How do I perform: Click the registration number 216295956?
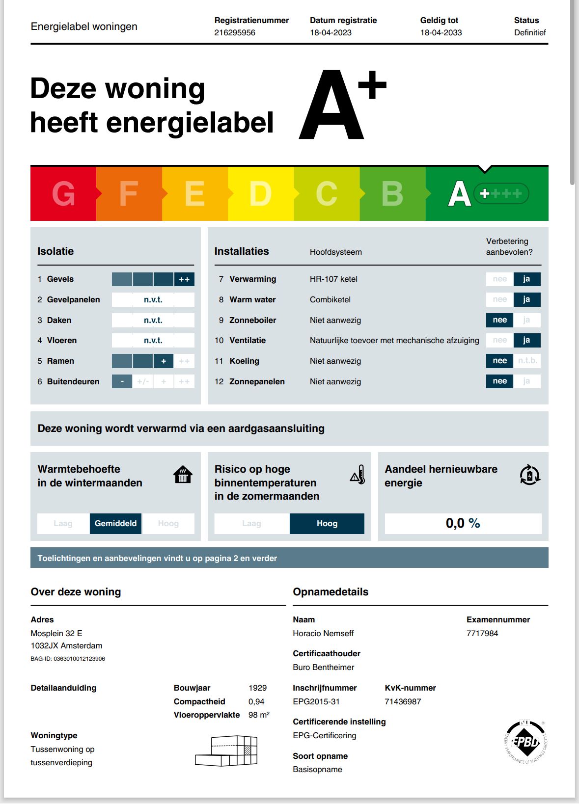pyautogui.click(x=235, y=32)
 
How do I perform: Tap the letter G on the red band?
pyautogui.click(x=64, y=194)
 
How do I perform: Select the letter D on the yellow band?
pyautogui.click(x=260, y=194)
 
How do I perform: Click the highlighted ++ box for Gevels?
pyautogui.click(x=184, y=279)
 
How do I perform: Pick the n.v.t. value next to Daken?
pyautogui.click(x=153, y=320)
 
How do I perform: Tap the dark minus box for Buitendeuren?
pyautogui.click(x=122, y=381)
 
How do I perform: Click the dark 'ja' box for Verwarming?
pyautogui.click(x=526, y=279)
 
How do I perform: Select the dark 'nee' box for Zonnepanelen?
pyautogui.click(x=499, y=381)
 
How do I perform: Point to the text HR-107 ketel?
pyautogui.click(x=333, y=279)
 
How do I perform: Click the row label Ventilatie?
pyautogui.click(x=248, y=340)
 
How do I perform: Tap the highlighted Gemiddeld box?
pyautogui.click(x=115, y=523)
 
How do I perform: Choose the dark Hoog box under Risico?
pyautogui.click(x=327, y=523)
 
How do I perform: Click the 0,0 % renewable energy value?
pyautogui.click(x=463, y=523)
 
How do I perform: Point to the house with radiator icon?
pyautogui.click(x=183, y=475)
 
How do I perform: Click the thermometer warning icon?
pyautogui.click(x=358, y=475)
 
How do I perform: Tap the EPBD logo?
pyautogui.click(x=525, y=741)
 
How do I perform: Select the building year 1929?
pyautogui.click(x=257, y=688)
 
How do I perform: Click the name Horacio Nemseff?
pyautogui.click(x=323, y=633)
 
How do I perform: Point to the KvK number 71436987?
pyautogui.click(x=403, y=701)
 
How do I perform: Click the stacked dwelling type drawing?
pyautogui.click(x=226, y=751)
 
